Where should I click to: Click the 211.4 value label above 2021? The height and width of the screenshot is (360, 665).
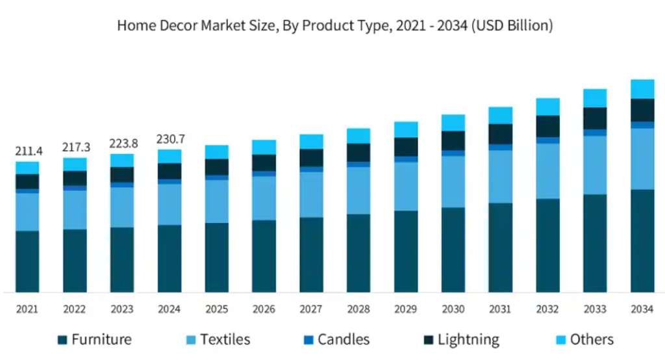tap(28, 151)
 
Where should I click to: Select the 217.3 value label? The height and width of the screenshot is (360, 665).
tap(75, 148)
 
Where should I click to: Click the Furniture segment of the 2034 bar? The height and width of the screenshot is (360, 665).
tap(642, 240)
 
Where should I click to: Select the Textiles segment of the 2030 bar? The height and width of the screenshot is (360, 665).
tap(453, 181)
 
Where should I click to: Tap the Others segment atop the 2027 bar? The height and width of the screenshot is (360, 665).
tap(311, 142)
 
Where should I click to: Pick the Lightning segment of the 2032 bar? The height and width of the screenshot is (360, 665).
tap(547, 126)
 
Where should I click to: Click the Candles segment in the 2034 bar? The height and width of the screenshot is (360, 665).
tap(642, 125)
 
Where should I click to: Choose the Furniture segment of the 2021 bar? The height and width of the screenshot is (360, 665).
tap(27, 261)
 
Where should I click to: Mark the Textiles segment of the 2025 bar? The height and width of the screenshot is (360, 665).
tap(216, 201)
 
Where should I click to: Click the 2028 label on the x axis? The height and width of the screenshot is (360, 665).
tap(358, 309)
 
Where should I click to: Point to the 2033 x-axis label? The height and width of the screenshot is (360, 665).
tap(595, 309)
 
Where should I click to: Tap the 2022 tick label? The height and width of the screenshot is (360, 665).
tap(75, 309)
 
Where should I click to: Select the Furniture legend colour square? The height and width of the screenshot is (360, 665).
tap(62, 340)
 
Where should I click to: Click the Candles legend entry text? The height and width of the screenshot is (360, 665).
tap(344, 339)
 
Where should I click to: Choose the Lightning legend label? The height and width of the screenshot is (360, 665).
tap(468, 339)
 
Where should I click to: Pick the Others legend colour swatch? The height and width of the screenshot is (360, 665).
tap(560, 340)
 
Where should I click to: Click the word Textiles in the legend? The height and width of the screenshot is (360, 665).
tap(225, 339)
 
